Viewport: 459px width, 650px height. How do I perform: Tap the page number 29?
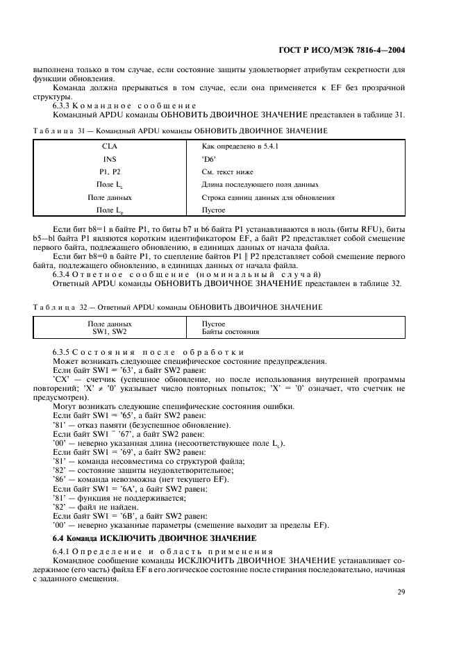tap(400, 592)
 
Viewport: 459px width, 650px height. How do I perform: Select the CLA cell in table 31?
tap(110, 147)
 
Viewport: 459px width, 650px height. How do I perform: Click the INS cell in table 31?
tap(110, 159)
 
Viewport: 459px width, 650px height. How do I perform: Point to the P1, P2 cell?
tap(110, 172)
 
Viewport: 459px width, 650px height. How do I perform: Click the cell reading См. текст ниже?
tap(227, 172)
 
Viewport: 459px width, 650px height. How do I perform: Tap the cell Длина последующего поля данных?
tap(260, 184)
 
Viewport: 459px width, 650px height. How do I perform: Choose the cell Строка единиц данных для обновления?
tap(268, 197)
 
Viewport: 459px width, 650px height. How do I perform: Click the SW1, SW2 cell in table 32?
tap(110, 332)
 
